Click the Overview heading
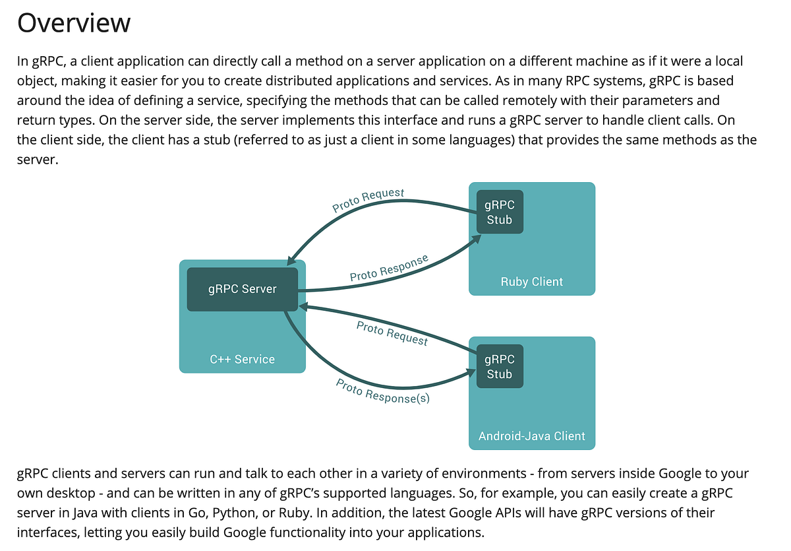[74, 22]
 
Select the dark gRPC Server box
[242, 289]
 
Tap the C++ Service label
[242, 360]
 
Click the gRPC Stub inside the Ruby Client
[499, 212]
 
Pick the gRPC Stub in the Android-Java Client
[499, 366]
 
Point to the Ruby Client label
[531, 282]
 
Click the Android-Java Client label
[531, 436]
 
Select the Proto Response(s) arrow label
[383, 391]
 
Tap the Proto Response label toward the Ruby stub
[389, 267]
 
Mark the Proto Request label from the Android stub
[392, 333]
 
